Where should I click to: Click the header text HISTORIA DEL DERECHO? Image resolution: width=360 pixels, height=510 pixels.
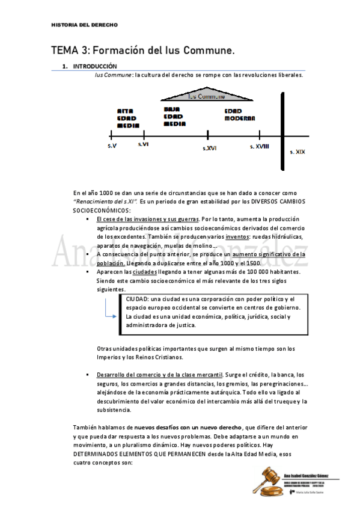(84, 25)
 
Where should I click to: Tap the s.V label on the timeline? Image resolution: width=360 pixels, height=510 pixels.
(112, 146)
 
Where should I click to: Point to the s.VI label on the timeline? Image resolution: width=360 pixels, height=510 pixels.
(143, 145)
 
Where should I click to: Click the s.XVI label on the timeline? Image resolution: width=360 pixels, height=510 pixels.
(209, 147)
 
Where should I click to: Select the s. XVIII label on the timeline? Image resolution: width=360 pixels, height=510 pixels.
(260, 146)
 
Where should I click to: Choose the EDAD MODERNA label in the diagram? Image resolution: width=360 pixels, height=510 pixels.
(240, 115)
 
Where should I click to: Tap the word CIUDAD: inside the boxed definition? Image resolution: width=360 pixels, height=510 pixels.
(138, 300)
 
